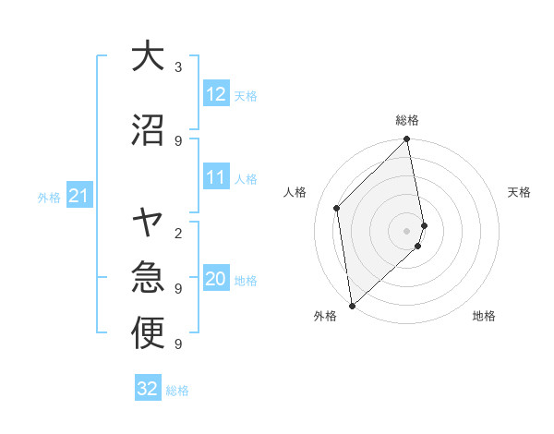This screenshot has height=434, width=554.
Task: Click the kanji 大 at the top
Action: click(148, 57)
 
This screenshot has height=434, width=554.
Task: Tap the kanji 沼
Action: click(148, 130)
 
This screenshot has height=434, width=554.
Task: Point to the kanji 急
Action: click(148, 277)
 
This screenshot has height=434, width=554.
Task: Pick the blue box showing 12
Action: click(216, 94)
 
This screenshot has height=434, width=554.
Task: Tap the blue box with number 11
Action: click(216, 178)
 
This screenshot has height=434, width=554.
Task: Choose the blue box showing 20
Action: click(216, 280)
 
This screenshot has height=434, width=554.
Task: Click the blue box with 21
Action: click(79, 196)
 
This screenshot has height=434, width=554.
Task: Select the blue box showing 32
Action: click(148, 389)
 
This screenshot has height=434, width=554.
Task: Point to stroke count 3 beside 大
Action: click(178, 67)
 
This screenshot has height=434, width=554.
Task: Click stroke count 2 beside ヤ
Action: click(178, 233)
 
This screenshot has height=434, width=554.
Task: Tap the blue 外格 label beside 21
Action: click(49, 197)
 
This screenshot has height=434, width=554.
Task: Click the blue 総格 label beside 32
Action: click(177, 391)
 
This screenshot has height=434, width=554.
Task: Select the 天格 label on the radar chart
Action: click(519, 192)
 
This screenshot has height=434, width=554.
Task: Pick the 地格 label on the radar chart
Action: click(484, 317)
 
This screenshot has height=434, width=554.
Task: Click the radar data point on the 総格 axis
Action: click(407, 140)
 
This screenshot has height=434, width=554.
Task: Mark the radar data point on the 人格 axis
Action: click(337, 208)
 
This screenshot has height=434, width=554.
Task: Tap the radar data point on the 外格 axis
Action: click(352, 305)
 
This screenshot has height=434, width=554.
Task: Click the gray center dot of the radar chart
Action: click(407, 230)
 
